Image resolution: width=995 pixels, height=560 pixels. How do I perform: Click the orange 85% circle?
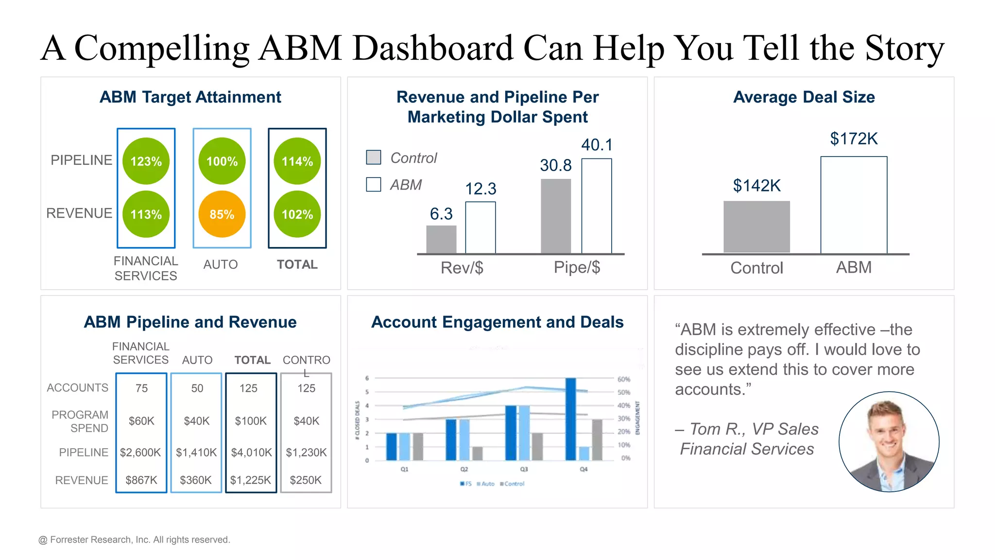coord(222,214)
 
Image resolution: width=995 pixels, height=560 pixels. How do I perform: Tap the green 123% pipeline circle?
coord(146,161)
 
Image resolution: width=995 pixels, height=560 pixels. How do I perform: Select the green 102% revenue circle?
coord(297,214)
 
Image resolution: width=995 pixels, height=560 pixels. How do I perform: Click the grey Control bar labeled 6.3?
coord(441,239)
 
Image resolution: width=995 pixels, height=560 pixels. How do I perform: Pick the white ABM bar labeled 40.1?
coord(597,206)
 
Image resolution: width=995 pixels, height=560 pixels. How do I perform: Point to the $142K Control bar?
coord(756,227)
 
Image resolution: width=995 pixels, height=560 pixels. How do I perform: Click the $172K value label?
coord(854,139)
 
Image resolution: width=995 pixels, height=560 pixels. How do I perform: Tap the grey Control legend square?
coord(374,157)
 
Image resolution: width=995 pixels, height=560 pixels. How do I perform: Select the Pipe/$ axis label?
coord(577,267)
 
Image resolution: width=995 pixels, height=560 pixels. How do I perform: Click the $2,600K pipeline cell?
coord(140,453)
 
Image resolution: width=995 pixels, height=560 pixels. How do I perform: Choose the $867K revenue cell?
coord(141,480)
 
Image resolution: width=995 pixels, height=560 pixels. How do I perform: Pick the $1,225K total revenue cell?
coord(251,480)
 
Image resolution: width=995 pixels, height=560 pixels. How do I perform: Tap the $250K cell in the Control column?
coord(306,480)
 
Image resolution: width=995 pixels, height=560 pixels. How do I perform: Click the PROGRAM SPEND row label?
coord(80,421)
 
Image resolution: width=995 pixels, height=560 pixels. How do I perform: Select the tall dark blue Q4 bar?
coord(571,419)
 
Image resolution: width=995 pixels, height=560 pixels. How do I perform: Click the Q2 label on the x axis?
coord(464,469)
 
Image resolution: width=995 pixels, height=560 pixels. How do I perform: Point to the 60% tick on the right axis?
coord(624,379)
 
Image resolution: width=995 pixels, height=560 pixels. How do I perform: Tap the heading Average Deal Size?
coord(804,97)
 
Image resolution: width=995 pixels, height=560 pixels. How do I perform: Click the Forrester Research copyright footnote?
coord(134,540)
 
